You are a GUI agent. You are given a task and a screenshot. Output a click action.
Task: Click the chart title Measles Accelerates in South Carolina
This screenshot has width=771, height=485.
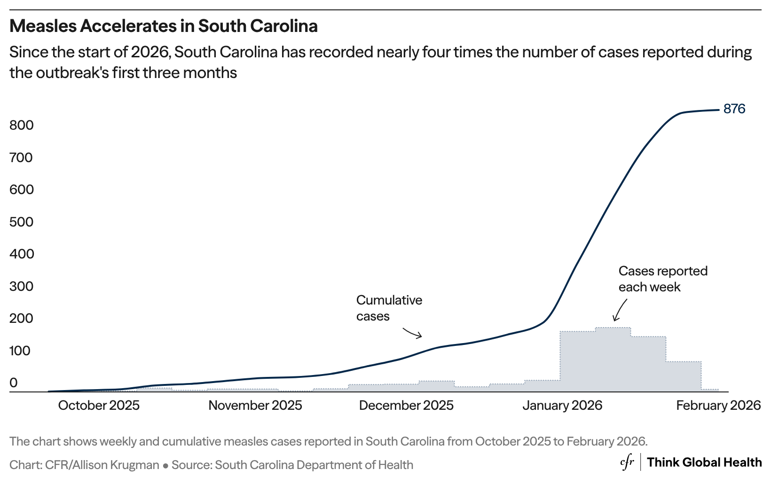click(164, 26)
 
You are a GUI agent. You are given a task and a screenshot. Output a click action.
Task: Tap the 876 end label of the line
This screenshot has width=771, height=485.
click(734, 109)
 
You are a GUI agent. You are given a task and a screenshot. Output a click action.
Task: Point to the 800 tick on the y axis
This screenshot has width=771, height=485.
click(22, 125)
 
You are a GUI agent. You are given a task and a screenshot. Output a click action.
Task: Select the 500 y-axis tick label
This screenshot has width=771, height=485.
click(22, 222)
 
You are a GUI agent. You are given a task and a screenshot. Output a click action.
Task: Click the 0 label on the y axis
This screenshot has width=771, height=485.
click(14, 383)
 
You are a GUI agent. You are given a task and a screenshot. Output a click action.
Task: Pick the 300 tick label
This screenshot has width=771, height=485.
click(22, 286)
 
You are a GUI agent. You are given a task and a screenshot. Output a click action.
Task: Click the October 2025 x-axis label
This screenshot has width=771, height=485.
click(99, 406)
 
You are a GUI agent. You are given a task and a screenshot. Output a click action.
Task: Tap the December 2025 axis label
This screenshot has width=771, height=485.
click(406, 406)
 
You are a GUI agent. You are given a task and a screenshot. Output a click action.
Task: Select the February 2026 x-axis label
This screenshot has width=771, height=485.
click(718, 406)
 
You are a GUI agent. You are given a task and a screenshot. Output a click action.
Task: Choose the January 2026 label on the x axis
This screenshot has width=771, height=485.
click(562, 406)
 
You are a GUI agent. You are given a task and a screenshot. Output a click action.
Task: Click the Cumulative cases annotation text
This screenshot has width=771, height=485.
click(389, 308)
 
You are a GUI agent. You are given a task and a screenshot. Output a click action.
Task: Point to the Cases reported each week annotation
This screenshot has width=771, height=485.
click(662, 279)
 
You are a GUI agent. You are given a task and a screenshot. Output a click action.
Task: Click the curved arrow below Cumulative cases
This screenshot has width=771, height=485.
click(413, 333)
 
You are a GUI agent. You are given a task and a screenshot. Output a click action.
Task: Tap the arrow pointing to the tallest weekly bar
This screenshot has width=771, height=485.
click(620, 311)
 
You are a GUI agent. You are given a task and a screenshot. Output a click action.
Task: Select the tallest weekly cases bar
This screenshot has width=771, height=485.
click(613, 360)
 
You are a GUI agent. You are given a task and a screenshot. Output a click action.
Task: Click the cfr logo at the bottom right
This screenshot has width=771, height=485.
click(627, 462)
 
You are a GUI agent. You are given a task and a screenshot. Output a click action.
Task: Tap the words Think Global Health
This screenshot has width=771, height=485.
click(704, 462)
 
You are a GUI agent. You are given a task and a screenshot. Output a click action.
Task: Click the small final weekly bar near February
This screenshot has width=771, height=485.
click(710, 390)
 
